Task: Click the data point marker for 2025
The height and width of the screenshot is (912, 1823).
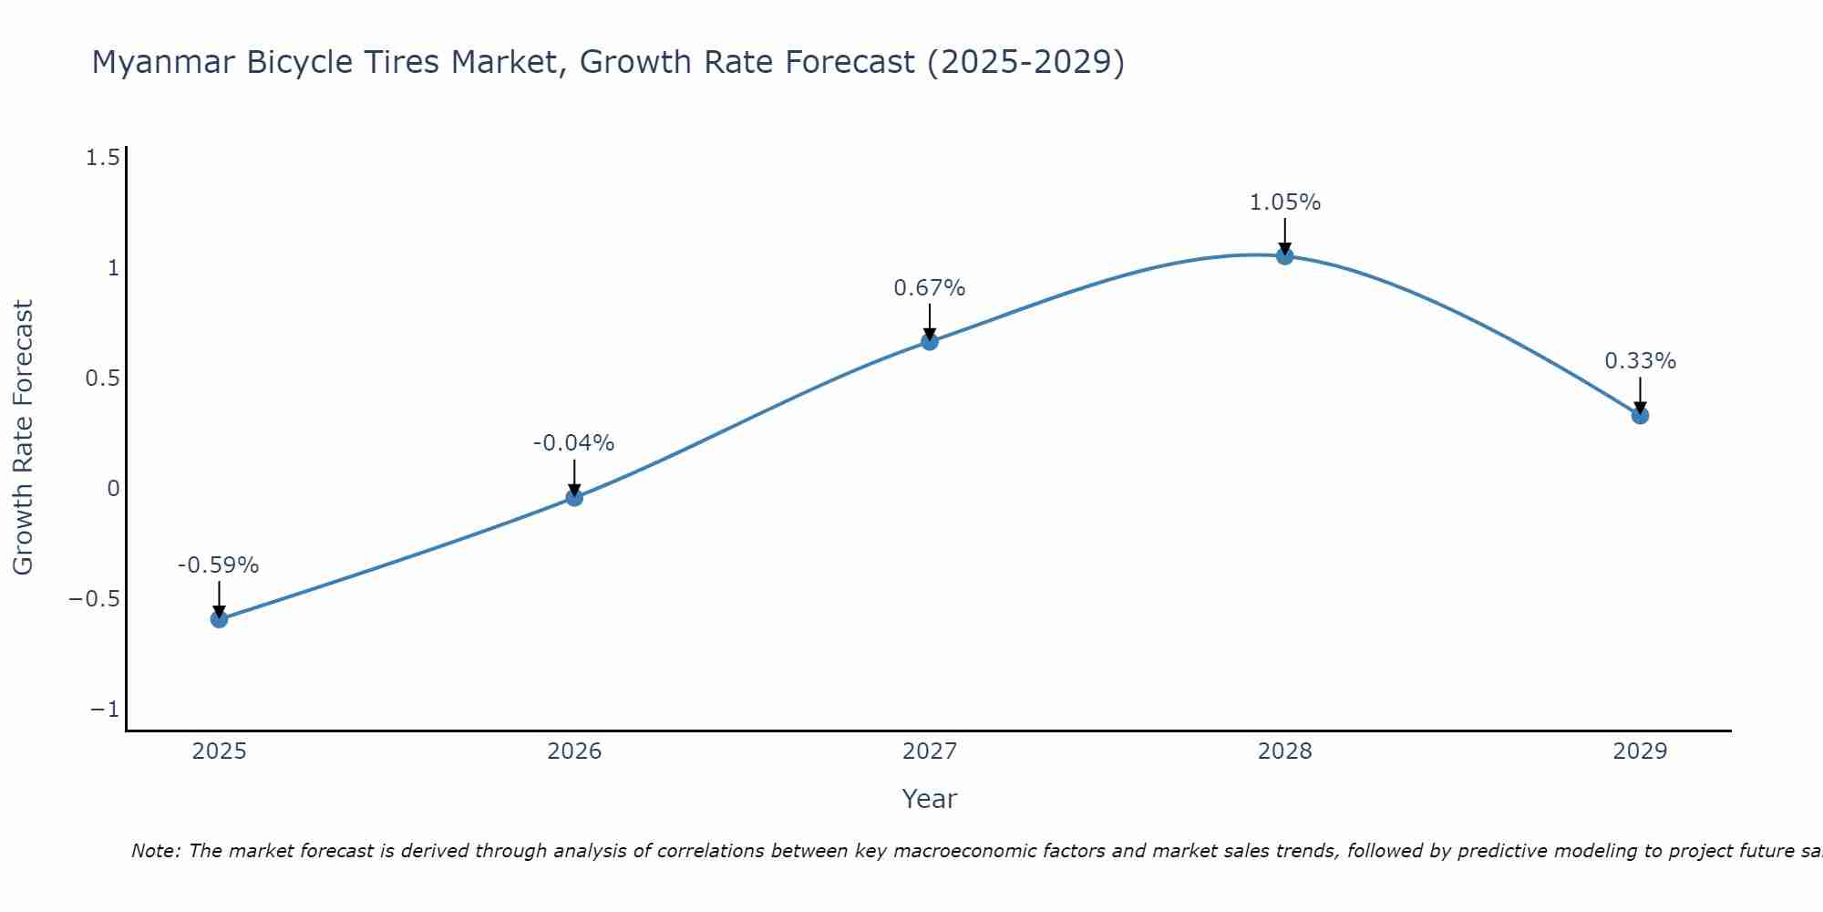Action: click(x=219, y=619)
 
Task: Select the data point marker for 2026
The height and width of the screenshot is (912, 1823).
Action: click(x=574, y=497)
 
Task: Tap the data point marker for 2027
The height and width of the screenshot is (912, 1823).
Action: click(x=930, y=342)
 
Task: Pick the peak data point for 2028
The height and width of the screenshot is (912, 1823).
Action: click(x=1284, y=256)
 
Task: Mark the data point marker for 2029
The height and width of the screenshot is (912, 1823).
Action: click(x=1640, y=416)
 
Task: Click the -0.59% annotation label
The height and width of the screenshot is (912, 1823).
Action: click(x=218, y=565)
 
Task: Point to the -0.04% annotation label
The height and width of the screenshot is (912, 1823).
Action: click(x=573, y=443)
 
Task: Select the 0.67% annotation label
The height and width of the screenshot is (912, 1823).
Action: click(x=929, y=288)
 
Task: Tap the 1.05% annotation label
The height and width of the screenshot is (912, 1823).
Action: click(x=1284, y=202)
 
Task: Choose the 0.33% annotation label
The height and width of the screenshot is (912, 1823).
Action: click(x=1640, y=361)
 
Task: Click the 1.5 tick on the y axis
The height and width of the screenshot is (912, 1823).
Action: click(x=102, y=159)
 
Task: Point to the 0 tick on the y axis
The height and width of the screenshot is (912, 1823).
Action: click(x=113, y=489)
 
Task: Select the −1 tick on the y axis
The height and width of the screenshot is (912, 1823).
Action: click(x=105, y=710)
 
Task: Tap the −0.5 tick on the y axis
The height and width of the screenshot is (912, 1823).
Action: click(x=94, y=599)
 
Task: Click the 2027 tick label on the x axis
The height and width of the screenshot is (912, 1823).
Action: click(x=929, y=751)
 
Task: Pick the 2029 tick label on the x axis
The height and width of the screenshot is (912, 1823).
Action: click(x=1640, y=751)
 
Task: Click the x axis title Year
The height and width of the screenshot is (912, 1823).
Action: click(x=929, y=799)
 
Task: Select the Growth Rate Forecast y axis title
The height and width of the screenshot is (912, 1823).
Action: click(x=23, y=438)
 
